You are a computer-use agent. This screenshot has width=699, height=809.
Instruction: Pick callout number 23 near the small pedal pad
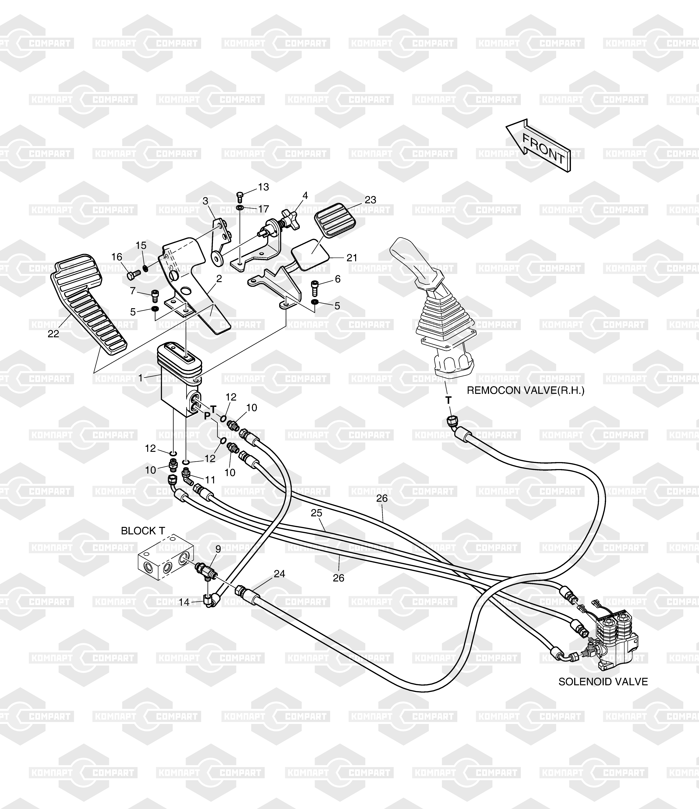point(370,200)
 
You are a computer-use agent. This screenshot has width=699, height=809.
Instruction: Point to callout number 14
point(184,602)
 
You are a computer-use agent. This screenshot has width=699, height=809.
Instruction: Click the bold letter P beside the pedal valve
point(207,416)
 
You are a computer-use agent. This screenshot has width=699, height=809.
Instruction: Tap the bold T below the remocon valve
point(449,400)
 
